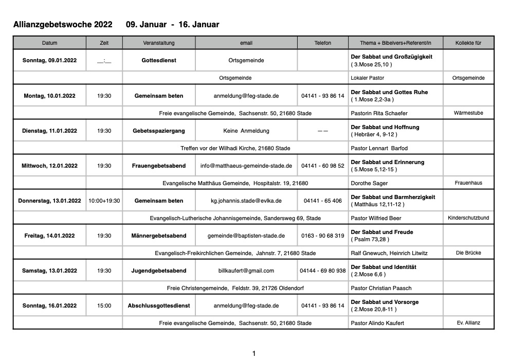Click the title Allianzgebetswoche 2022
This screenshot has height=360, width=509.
[x=63, y=25]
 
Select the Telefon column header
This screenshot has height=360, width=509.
[x=322, y=43]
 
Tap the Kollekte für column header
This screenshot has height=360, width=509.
[x=468, y=43]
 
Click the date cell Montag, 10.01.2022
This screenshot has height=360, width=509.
[x=49, y=96]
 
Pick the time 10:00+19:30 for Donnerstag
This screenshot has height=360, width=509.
[x=104, y=201]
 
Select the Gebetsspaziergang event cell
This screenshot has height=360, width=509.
[x=159, y=131]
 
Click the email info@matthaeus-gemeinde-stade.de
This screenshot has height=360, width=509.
[x=246, y=166]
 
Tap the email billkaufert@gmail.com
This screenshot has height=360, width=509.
[x=246, y=271]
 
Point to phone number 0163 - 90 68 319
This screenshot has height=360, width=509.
[x=322, y=236]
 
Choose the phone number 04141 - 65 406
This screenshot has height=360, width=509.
[x=322, y=201]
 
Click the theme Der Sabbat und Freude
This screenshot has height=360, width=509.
[x=382, y=232]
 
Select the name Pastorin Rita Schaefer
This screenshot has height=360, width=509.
[x=383, y=113]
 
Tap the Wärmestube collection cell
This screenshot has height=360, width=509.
[x=468, y=113]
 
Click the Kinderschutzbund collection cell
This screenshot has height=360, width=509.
[x=468, y=218]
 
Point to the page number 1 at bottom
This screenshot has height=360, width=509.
[x=254, y=353]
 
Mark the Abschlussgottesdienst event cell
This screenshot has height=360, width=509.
[x=159, y=305]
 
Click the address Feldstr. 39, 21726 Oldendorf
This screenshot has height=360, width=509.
[x=268, y=288]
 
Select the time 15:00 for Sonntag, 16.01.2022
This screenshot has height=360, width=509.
[x=104, y=305]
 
